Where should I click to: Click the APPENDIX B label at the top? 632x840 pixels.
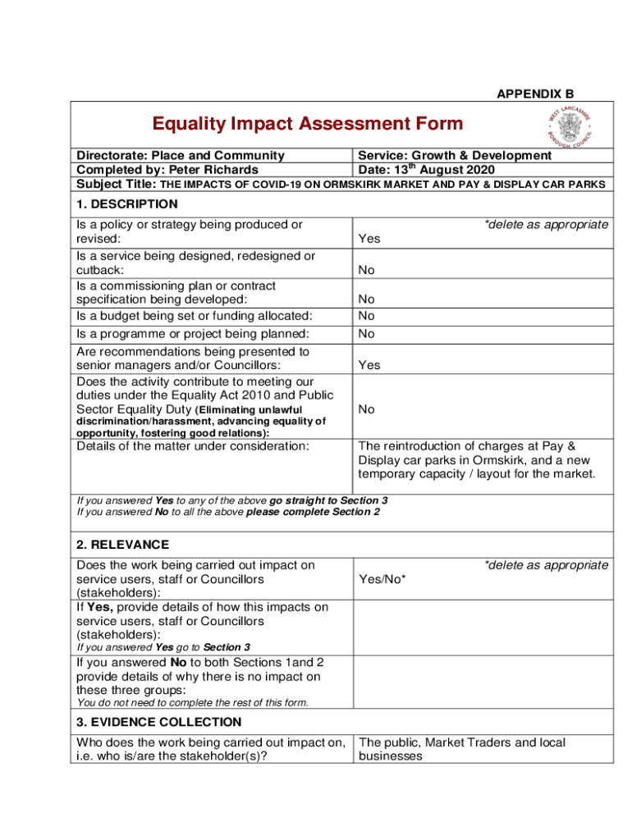point(535,94)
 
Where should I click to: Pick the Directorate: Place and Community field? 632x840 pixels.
point(181,155)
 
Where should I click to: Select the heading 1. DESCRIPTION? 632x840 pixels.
point(126,204)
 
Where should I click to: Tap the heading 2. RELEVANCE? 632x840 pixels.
point(123,545)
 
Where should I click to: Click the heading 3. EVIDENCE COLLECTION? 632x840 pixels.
point(159,722)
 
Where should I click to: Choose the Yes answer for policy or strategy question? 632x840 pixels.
point(369,239)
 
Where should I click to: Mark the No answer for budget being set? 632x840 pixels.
point(366,316)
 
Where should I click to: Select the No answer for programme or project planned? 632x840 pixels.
point(366,334)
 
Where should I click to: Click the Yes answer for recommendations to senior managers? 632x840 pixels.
point(369,365)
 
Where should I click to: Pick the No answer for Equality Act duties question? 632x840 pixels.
point(366,409)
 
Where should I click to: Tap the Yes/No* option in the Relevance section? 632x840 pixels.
point(382,579)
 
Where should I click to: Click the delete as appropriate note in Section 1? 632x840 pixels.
point(546,225)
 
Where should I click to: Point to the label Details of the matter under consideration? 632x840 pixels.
point(193,446)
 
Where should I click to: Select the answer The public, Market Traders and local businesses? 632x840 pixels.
point(462,749)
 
